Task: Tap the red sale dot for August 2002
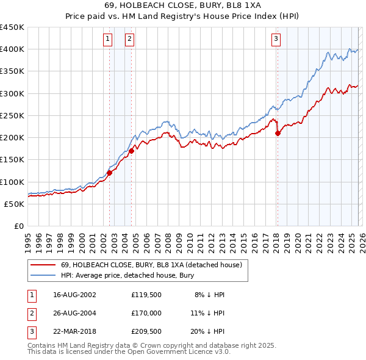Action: click(x=110, y=173)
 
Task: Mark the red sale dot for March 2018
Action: click(x=278, y=133)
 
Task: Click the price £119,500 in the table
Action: click(x=146, y=295)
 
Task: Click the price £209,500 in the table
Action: click(x=146, y=331)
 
